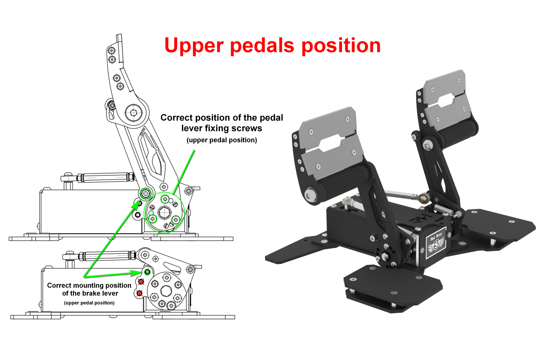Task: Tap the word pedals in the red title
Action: click(262, 46)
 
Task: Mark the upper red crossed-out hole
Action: click(141, 282)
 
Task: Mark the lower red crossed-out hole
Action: click(140, 293)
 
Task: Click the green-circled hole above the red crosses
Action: click(147, 272)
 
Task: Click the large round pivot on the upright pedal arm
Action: click(134, 113)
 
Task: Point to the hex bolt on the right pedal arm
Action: click(427, 145)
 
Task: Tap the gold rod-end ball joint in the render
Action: click(423, 197)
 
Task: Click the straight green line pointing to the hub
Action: click(184, 171)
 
